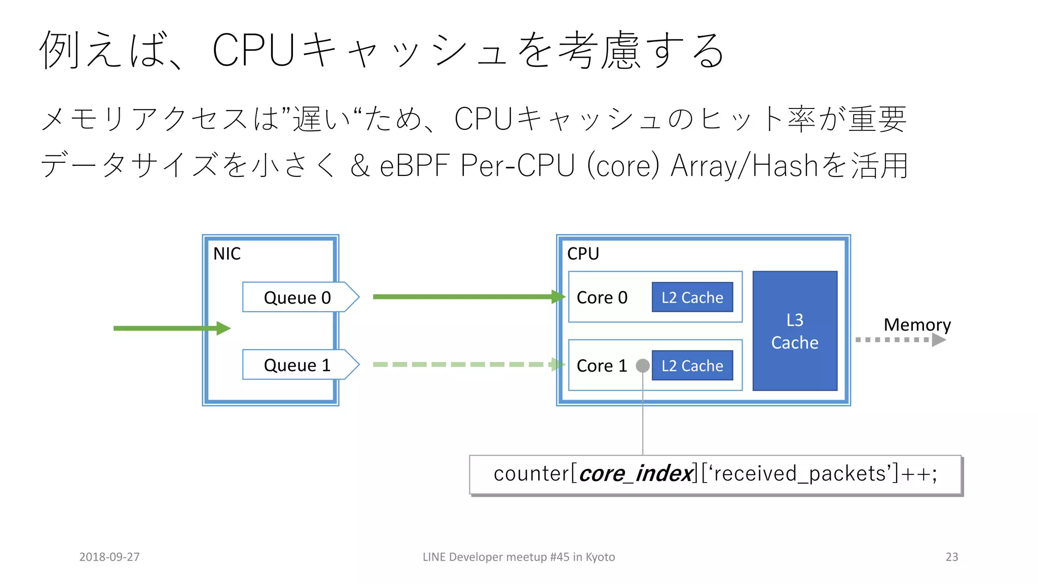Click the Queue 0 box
(x=298, y=297)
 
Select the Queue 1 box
(x=298, y=364)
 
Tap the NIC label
(x=227, y=253)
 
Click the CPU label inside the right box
(x=583, y=253)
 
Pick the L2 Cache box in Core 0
(x=692, y=297)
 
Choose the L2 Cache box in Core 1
(x=692, y=366)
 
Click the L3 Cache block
(x=794, y=331)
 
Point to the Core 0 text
(x=602, y=298)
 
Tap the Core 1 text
(x=602, y=366)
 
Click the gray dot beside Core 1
(x=643, y=366)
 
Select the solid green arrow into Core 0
(x=466, y=297)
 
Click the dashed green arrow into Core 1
(x=466, y=364)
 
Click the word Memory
(x=917, y=324)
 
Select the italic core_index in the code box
(x=636, y=474)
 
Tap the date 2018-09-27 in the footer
(x=109, y=557)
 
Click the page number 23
(x=951, y=557)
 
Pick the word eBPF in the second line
(x=414, y=166)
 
